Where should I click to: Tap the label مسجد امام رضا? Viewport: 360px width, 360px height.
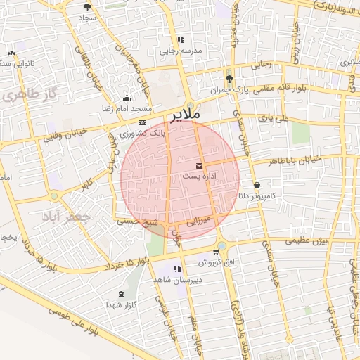point(127,110)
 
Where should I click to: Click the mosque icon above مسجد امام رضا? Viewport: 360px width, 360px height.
point(127,98)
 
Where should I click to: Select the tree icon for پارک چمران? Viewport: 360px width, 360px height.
point(230,79)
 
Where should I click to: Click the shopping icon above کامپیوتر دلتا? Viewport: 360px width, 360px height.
point(257,186)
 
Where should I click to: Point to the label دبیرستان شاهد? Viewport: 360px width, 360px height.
point(175,279)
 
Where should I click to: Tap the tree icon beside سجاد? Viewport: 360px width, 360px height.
point(88,6)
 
